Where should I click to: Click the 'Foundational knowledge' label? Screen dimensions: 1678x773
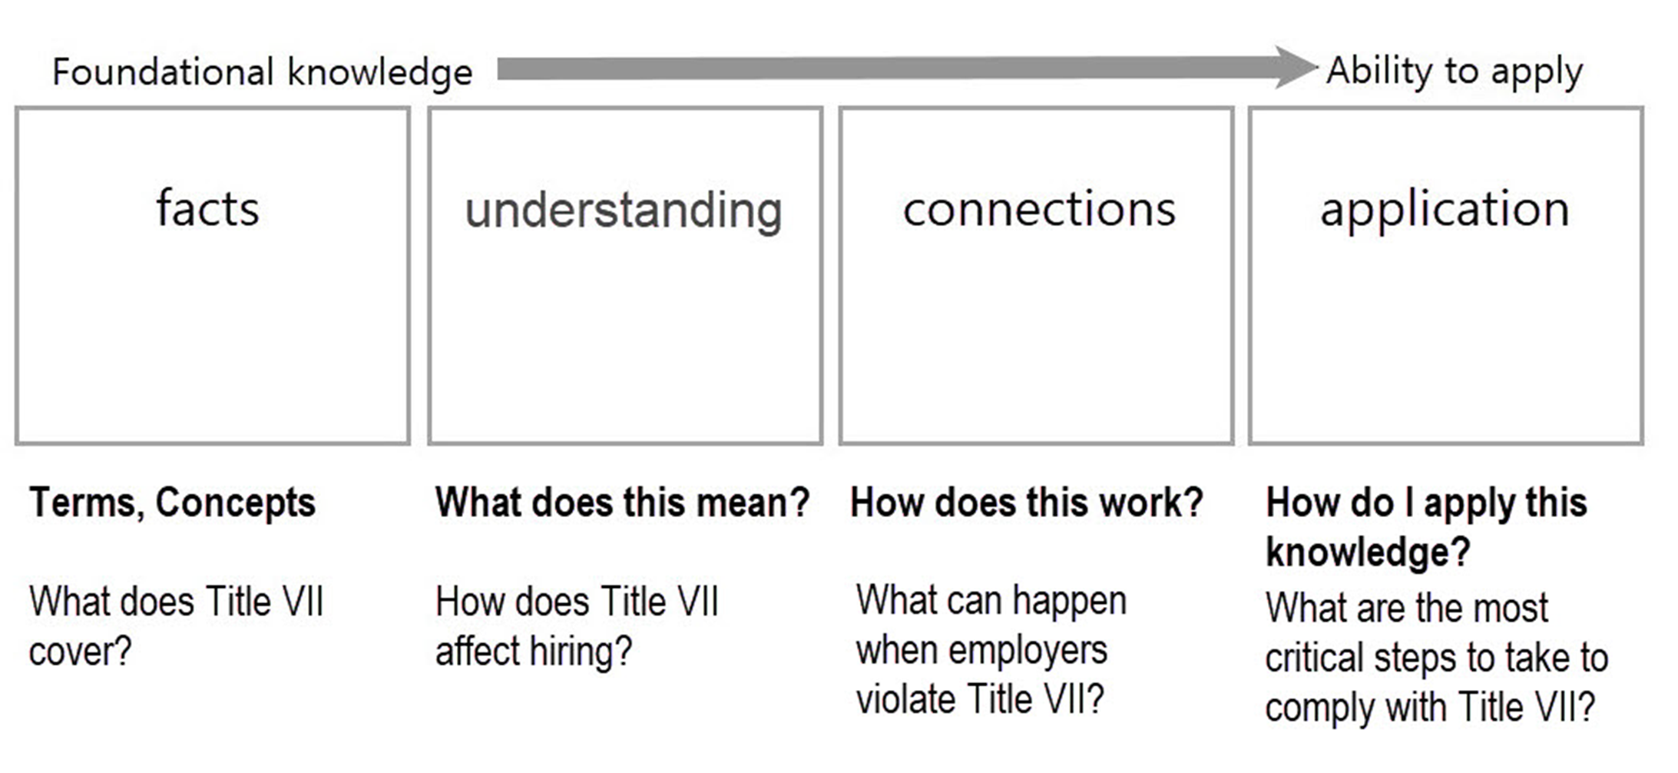coord(262,73)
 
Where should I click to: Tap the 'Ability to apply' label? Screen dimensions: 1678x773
coord(1455,72)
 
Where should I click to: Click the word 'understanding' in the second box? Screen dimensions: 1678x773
coord(624,211)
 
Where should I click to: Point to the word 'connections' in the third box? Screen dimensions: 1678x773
coord(1039,209)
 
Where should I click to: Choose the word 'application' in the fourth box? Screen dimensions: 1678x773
coord(1445,210)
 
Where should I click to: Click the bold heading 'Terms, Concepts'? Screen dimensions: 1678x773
coord(173,503)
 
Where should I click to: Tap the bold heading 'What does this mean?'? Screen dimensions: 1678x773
coord(623,503)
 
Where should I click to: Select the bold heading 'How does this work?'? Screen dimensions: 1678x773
coord(1027,503)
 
